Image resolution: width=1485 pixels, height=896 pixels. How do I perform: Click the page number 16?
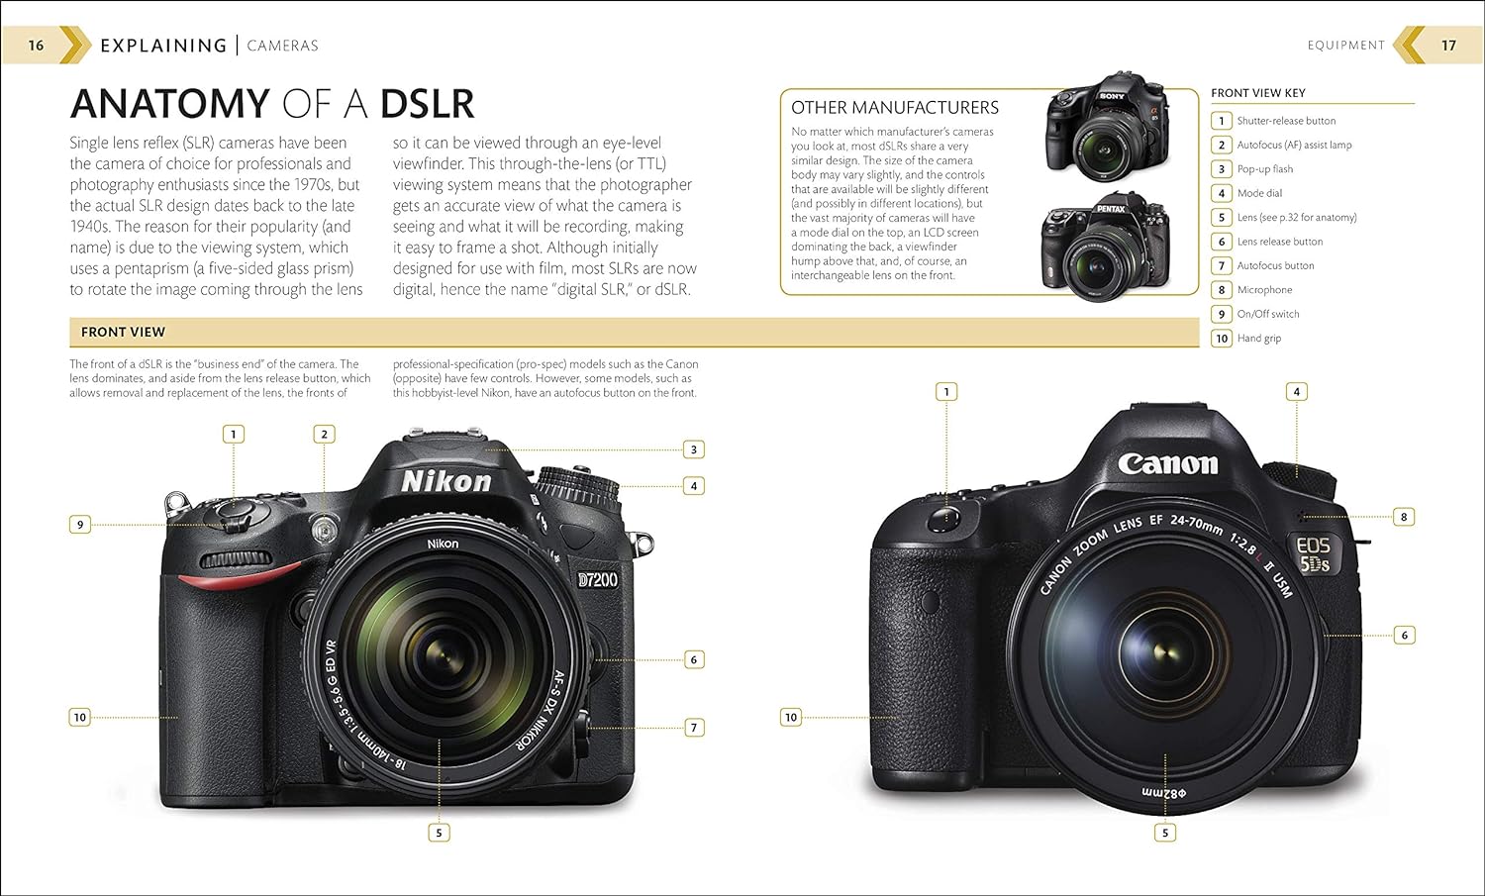pos(36,46)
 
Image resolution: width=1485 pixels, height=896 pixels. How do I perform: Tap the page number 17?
pos(1448,46)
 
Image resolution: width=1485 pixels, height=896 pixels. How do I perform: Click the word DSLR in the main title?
pos(428,104)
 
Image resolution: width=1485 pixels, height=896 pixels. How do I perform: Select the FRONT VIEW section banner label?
pos(123,332)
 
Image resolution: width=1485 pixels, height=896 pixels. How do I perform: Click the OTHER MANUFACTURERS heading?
pos(895,108)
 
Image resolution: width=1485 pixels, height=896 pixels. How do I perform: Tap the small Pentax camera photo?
pos(1105,247)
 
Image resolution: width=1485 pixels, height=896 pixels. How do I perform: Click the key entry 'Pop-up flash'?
pos(1265,169)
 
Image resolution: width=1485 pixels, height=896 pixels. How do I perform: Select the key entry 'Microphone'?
pos(1264,290)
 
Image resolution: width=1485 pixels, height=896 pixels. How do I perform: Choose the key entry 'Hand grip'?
pos(1259,339)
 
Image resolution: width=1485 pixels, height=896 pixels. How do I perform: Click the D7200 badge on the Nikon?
pos(597,580)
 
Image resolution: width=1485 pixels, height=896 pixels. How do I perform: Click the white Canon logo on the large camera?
pos(1167,464)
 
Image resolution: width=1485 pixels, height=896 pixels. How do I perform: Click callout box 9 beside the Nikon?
pos(80,525)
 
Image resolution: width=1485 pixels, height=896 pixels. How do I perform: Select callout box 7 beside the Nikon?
pos(694,728)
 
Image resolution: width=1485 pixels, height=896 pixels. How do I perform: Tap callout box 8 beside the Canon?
pos(1404,517)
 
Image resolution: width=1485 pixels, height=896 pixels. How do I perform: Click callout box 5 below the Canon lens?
pos(1165,833)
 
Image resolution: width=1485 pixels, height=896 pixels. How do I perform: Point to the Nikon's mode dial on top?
pos(578,487)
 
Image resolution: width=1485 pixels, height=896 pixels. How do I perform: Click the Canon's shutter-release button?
pos(944,520)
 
